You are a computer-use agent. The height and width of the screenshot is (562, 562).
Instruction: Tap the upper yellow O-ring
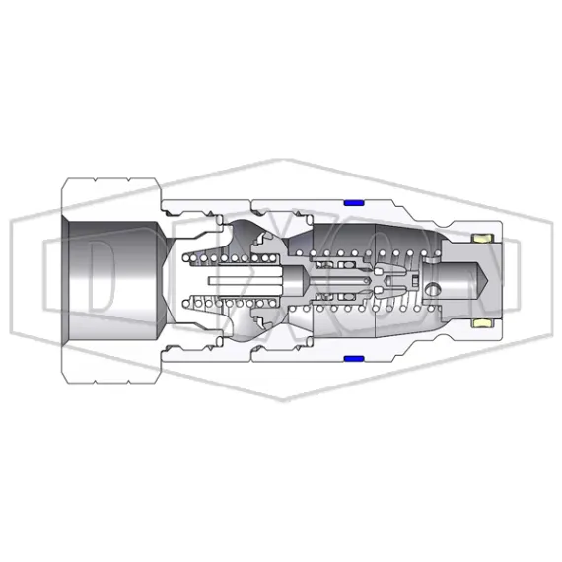[x=484, y=239]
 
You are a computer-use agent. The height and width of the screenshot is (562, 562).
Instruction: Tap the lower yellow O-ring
[x=484, y=322]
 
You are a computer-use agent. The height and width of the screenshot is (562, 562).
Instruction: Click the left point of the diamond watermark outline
[x=12, y=281]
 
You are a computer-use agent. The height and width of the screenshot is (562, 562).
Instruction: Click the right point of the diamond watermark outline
[x=550, y=281]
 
